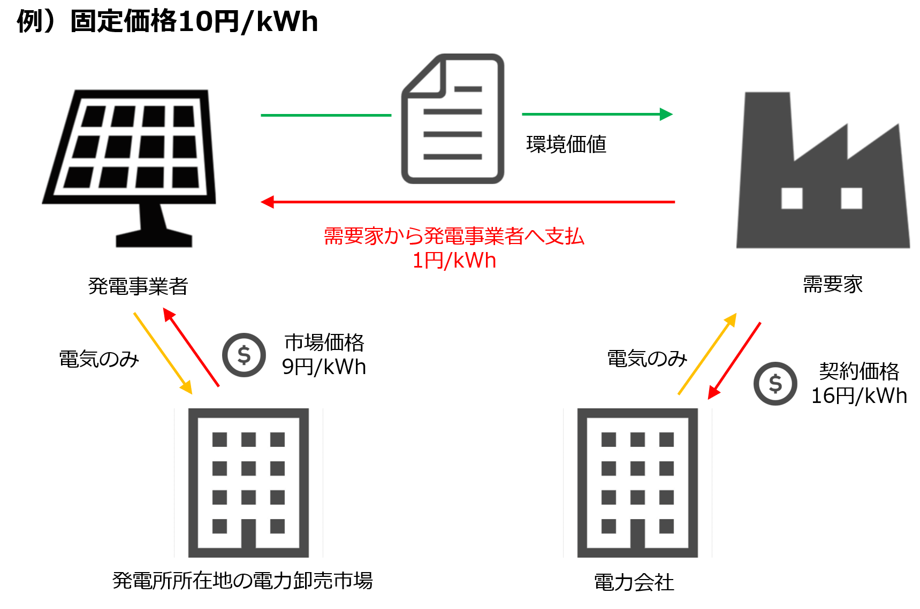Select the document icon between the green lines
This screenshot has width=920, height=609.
point(453,119)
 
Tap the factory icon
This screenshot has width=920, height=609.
point(823,177)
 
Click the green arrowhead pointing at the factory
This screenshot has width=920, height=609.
point(666,114)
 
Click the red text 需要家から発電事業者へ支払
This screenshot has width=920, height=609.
point(454,236)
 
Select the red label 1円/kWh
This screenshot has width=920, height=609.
point(454,261)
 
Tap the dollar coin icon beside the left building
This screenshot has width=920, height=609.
point(244,355)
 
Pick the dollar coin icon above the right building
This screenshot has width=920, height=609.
point(775,383)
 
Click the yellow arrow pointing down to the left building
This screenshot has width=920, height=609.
point(162,353)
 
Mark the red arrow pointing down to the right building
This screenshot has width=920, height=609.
point(734,361)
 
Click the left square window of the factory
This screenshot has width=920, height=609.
point(792,198)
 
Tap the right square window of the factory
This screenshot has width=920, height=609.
point(851,198)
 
